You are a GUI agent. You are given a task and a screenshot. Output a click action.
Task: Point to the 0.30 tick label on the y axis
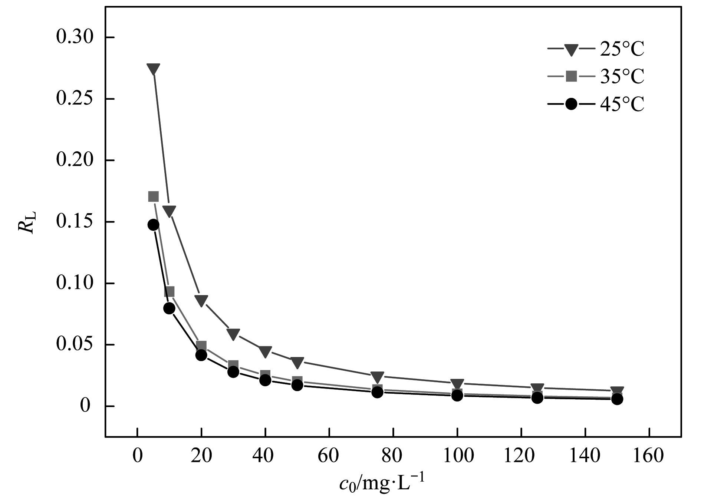click(74, 37)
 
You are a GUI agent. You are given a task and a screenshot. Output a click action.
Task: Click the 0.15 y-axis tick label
click(74, 222)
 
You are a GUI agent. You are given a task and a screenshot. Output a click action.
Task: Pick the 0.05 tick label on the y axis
click(74, 344)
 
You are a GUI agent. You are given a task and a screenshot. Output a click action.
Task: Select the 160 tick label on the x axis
click(649, 456)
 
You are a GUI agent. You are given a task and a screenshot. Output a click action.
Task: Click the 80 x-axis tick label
click(393, 456)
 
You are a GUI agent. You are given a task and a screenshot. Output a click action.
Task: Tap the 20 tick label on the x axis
click(201, 456)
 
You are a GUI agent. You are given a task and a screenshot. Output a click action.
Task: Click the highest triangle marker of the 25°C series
click(153, 69)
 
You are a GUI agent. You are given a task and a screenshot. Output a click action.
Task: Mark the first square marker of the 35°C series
click(153, 196)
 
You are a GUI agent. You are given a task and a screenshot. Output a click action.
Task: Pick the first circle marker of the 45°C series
click(153, 225)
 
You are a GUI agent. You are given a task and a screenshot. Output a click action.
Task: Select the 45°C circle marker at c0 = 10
click(169, 308)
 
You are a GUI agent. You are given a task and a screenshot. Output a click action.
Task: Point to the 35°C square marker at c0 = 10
click(170, 292)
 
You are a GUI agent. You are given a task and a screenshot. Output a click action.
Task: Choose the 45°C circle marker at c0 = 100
click(457, 396)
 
